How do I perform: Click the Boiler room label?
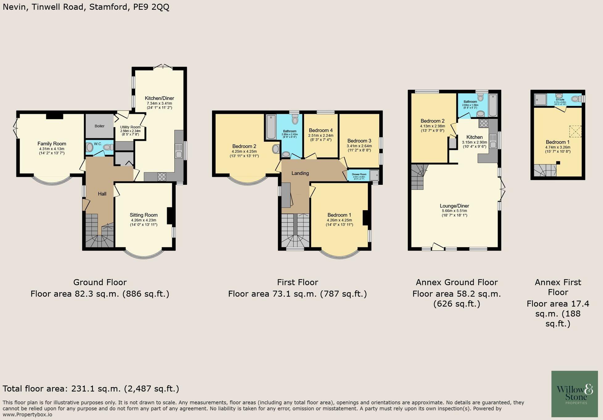tap(99, 126)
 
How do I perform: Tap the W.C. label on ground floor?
tap(98, 144)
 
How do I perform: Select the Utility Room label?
tap(130, 127)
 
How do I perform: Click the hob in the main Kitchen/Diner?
tap(162, 177)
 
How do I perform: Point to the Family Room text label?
tap(52, 143)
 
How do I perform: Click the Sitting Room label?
tap(143, 215)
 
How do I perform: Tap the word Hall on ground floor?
tap(102, 194)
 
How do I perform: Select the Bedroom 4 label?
tap(321, 130)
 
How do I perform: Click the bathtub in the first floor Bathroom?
tap(271, 127)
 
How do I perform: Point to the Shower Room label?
tap(359, 174)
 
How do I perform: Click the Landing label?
tap(300, 173)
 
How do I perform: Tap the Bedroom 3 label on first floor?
tap(359, 141)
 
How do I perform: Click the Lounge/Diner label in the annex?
tap(454, 206)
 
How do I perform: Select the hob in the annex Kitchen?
tap(484, 123)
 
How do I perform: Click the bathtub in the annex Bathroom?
tap(493, 106)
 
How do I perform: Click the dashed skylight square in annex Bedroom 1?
tap(575, 131)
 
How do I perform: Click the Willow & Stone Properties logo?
tap(574, 394)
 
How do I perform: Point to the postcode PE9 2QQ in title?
tap(151, 7)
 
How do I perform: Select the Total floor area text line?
tap(91, 389)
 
